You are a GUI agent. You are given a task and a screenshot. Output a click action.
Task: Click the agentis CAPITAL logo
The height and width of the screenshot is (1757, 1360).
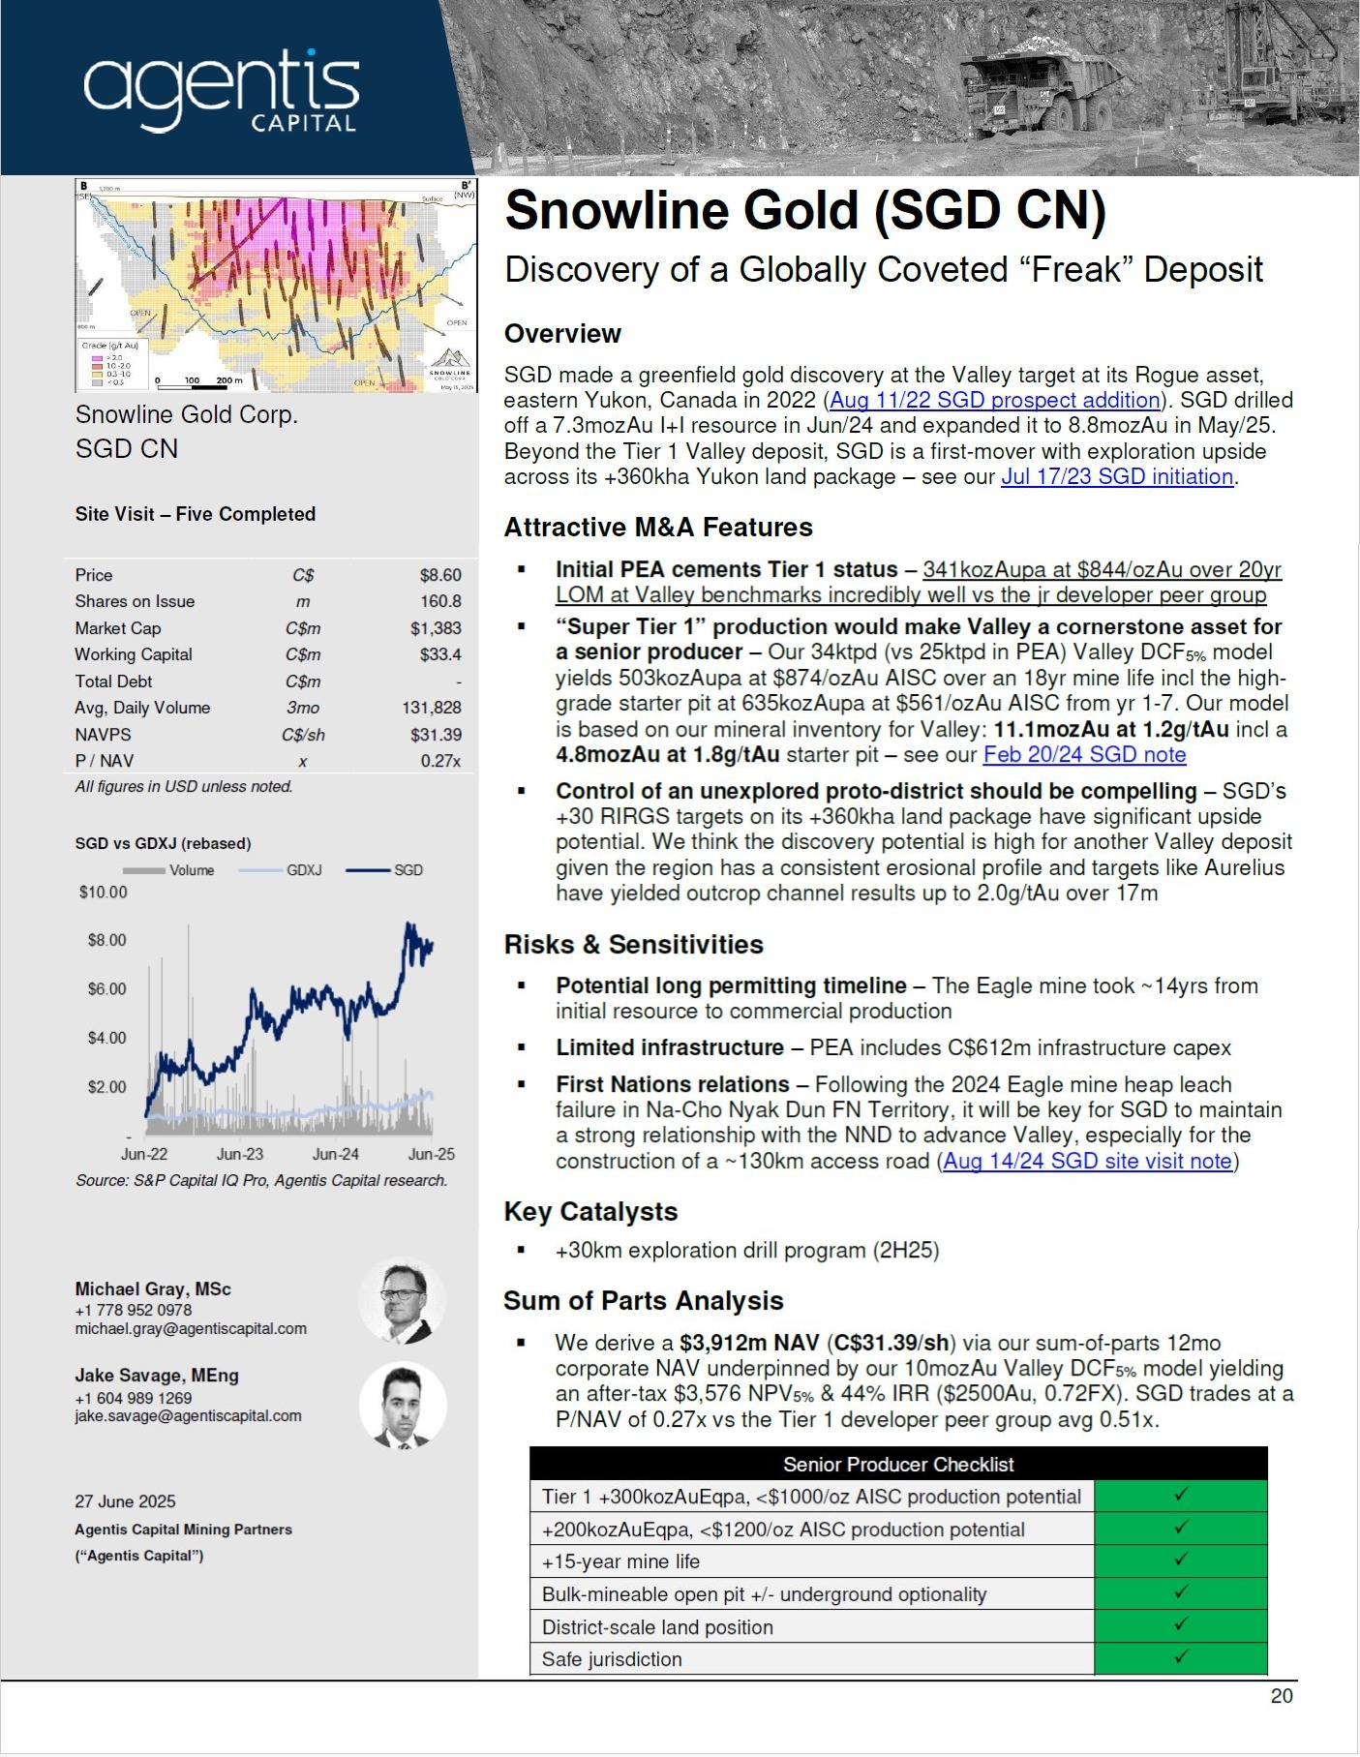222,92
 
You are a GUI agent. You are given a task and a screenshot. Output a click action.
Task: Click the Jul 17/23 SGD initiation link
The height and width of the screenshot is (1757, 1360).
1117,477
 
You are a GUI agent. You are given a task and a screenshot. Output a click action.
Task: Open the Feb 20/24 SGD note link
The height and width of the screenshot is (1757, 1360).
1084,755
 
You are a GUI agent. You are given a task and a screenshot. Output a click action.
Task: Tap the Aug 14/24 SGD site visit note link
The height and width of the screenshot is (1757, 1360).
1087,1162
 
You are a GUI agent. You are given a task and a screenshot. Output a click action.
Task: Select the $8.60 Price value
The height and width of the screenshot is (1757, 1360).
440,575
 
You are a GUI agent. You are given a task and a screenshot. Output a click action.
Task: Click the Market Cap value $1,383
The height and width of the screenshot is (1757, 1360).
436,628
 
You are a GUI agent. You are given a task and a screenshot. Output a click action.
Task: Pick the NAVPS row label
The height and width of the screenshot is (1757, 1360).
103,735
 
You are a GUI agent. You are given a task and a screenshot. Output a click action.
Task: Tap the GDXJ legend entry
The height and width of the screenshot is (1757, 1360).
303,870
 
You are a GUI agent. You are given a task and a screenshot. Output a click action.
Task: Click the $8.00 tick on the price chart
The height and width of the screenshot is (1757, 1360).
106,940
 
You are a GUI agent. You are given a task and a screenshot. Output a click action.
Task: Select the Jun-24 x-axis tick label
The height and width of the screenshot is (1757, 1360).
335,1154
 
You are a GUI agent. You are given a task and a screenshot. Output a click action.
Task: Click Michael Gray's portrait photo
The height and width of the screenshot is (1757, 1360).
402,1300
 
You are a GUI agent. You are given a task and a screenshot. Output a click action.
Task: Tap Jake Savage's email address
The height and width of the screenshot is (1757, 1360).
188,1416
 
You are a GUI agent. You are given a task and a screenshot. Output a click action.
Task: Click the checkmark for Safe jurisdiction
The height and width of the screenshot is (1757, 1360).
1180,1657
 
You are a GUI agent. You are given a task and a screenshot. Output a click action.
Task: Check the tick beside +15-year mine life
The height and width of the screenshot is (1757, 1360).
1180,1560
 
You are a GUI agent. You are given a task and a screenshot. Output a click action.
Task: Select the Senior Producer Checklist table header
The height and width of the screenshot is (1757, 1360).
897,1464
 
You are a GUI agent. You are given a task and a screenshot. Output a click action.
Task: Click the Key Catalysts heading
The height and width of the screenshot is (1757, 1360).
590,1212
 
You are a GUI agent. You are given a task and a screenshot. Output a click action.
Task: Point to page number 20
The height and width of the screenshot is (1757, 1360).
1281,1696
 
